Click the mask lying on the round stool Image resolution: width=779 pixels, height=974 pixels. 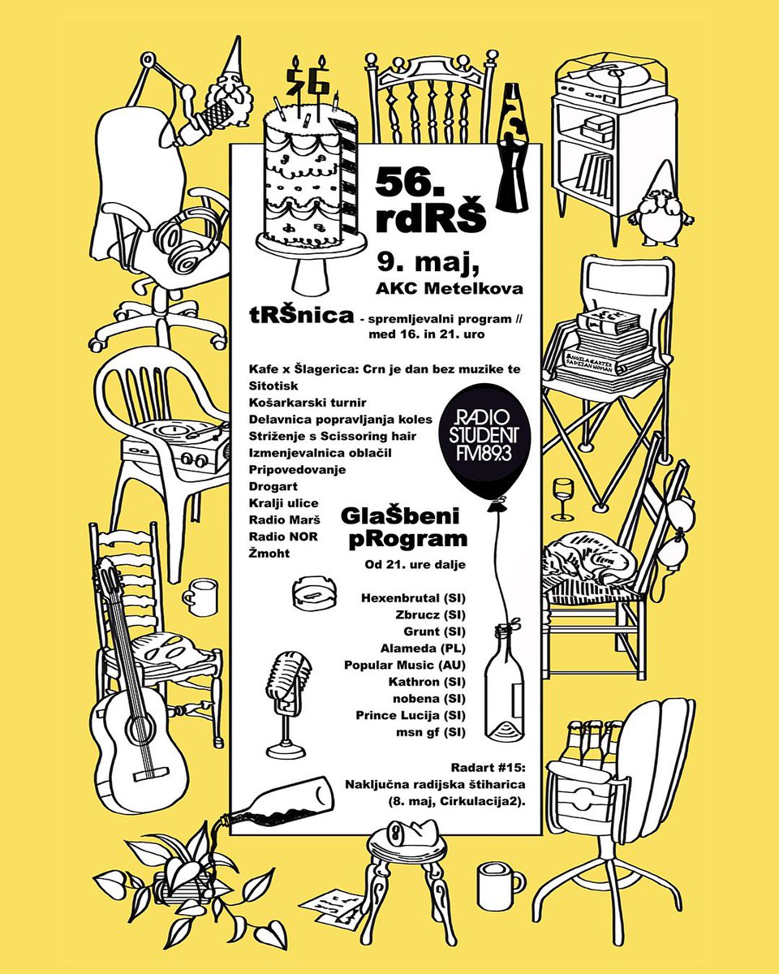tap(409, 832)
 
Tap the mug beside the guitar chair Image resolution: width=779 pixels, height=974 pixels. tap(200, 597)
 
